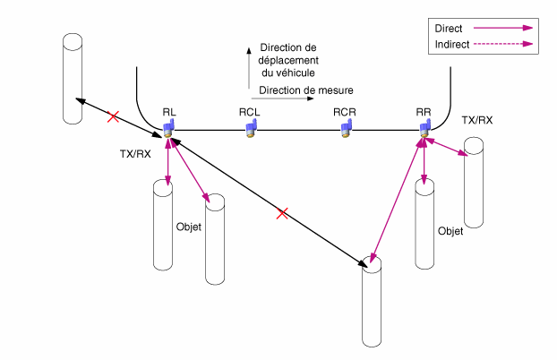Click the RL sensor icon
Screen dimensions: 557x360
tap(168, 129)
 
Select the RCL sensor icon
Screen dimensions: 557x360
tap(251, 129)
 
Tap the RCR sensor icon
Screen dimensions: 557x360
tap(346, 129)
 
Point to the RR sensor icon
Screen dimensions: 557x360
tap(424, 129)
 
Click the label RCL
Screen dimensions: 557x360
tap(249, 112)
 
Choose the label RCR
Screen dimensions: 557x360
tap(344, 112)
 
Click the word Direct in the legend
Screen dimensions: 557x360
tap(449, 29)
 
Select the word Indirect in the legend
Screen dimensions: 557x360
tap(452, 45)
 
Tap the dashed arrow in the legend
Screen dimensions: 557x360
tap(503, 44)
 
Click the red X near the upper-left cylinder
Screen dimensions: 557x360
tap(113, 116)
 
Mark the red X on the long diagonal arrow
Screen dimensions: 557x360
tap(282, 214)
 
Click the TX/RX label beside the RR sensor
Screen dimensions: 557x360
tap(477, 121)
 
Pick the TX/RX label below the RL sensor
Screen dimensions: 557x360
tap(135, 154)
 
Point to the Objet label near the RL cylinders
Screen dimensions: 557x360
tap(189, 227)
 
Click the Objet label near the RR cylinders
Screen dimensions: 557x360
tap(450, 231)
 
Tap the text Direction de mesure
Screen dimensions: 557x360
tap(306, 90)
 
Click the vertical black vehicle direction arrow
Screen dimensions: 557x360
tap(249, 67)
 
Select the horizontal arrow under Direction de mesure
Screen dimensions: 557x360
tap(282, 99)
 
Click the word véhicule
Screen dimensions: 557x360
tap(297, 73)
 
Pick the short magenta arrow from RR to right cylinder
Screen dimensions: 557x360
tap(447, 147)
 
